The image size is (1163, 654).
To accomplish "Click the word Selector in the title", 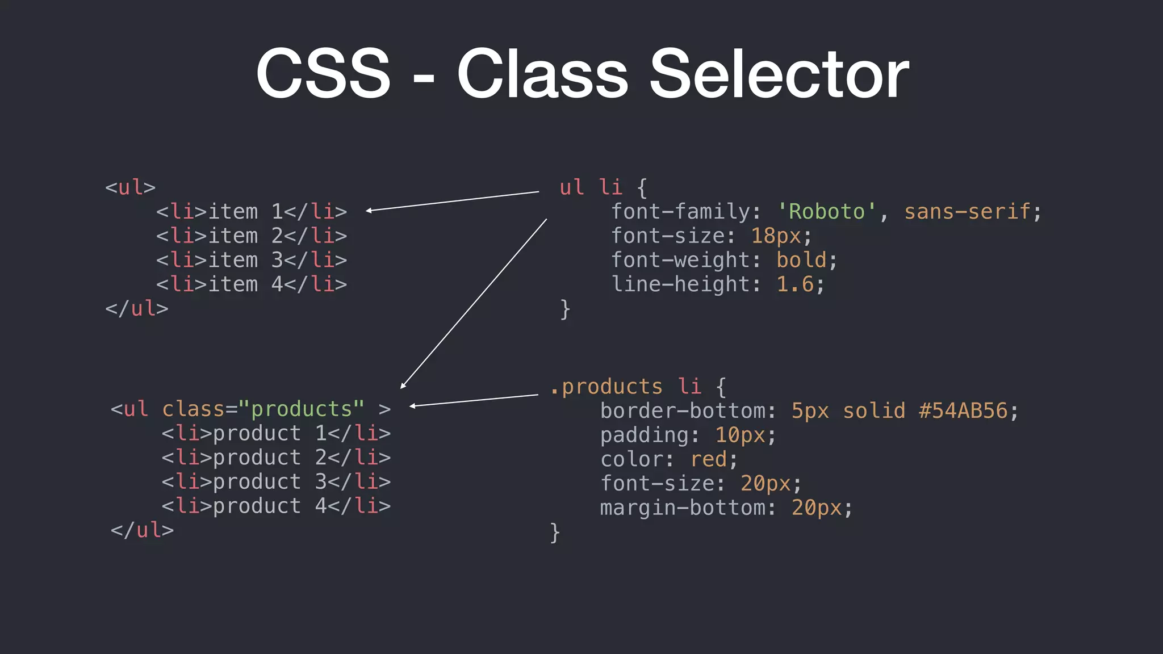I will click(x=779, y=74).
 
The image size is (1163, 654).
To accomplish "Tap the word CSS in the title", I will click(x=323, y=74).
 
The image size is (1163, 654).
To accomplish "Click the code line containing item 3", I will click(x=252, y=260).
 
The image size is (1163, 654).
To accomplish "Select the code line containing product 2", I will click(x=276, y=458).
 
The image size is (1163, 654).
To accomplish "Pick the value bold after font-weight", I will click(x=801, y=260).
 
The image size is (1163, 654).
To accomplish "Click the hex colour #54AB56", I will click(x=963, y=411).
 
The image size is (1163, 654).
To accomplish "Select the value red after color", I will click(x=709, y=459).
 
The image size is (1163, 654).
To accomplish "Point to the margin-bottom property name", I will click(x=683, y=508).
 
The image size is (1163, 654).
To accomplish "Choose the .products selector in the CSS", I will click(x=606, y=387).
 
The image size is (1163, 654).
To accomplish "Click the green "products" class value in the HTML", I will click(x=302, y=409).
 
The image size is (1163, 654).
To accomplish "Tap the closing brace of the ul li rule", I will click(x=565, y=309).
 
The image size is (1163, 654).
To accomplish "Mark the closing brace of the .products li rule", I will click(x=555, y=533).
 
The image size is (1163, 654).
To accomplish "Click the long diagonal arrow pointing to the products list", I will click(x=474, y=304).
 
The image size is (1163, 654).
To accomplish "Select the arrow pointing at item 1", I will click(x=453, y=201).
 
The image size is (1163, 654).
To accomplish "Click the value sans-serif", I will click(x=967, y=212).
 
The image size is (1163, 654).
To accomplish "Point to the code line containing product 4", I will click(x=276, y=506).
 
